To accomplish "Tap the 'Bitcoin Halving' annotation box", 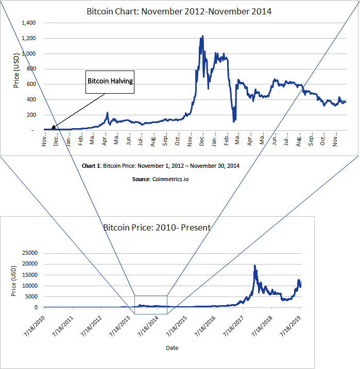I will pos(110,81).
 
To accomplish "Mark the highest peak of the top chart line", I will pos(202,36).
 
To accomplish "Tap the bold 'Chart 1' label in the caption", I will pos(91,166).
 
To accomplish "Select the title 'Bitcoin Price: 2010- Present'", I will pos(157,227).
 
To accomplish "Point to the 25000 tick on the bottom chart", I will pos(29,253).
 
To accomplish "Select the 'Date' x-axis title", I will pos(172,348).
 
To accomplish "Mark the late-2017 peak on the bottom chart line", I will pos(254,266).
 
